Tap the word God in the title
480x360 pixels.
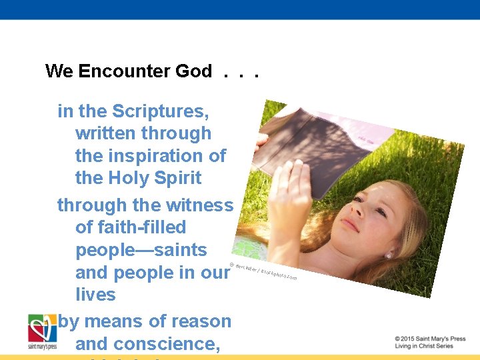193,71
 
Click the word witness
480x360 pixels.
198,205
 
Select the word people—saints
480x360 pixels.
141,251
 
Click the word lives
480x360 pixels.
95,295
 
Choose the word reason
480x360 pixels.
198,321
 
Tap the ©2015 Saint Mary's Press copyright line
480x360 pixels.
429,339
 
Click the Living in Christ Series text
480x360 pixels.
424,346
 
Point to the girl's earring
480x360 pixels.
389,255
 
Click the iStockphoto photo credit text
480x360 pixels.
263,271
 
